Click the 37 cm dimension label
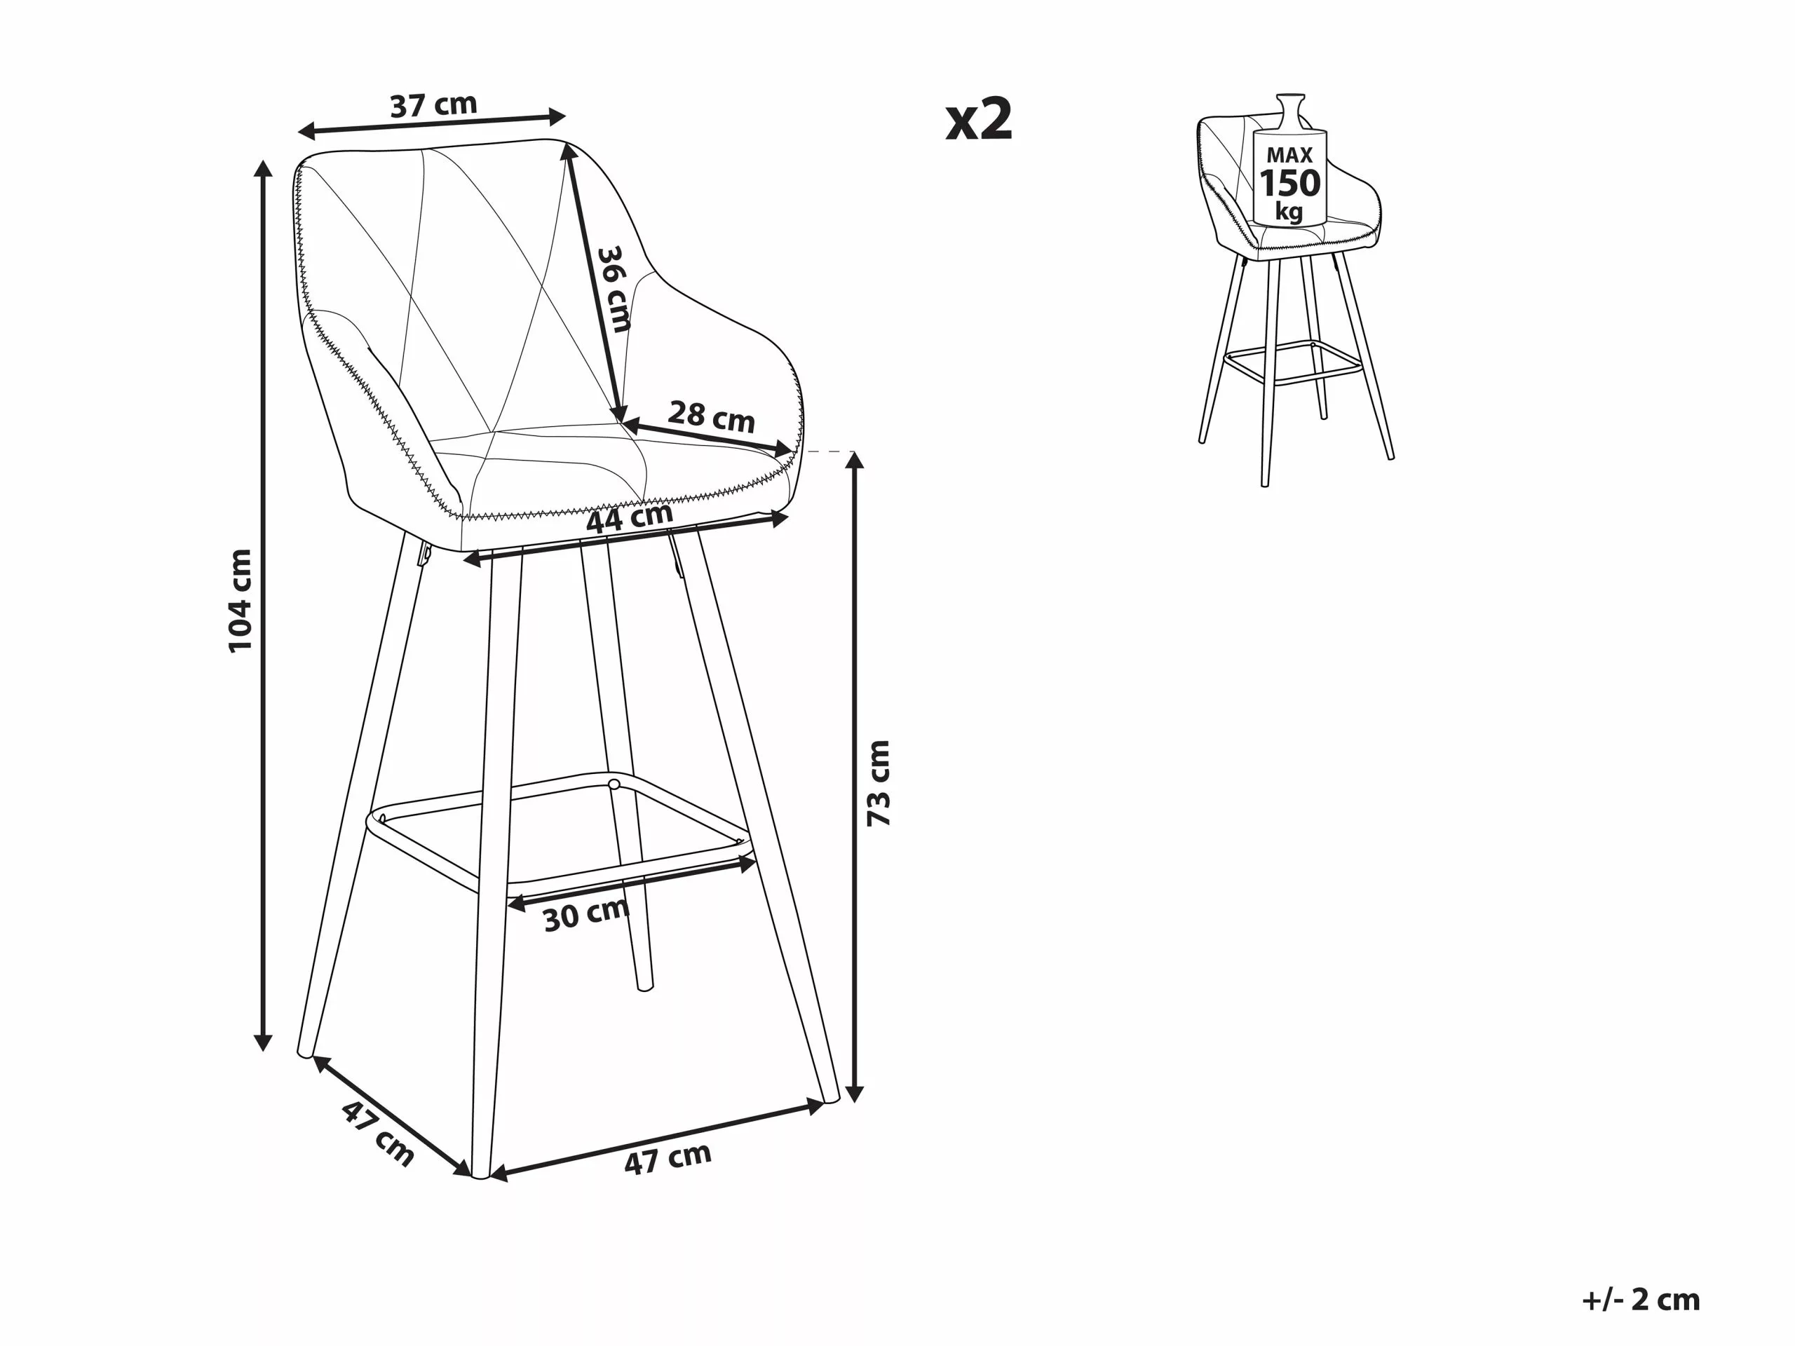[433, 104]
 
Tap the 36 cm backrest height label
[614, 290]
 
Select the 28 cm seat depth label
[711, 416]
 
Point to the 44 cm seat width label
[630, 517]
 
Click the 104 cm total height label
[241, 600]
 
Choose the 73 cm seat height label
[879, 783]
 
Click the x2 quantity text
[980, 120]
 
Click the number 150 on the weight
[1289, 184]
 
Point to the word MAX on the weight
[1289, 154]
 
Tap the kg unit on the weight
[1289, 212]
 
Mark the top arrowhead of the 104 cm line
[262, 168]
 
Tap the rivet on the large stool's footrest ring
[614, 784]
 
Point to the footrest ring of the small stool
[1290, 365]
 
